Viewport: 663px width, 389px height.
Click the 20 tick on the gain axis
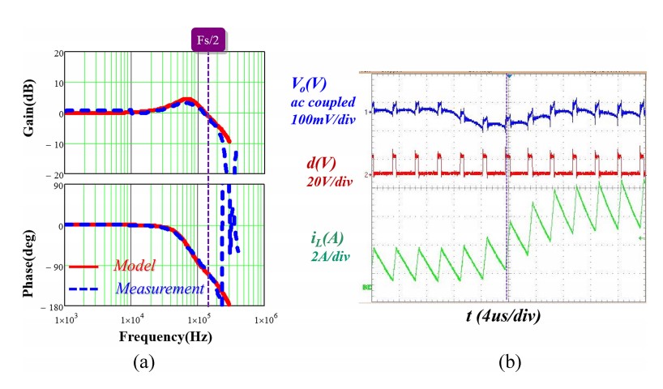pos(58,53)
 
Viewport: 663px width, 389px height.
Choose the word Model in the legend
pos(135,265)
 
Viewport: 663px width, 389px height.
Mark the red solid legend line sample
pos(88,266)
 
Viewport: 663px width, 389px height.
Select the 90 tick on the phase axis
pos(58,186)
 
